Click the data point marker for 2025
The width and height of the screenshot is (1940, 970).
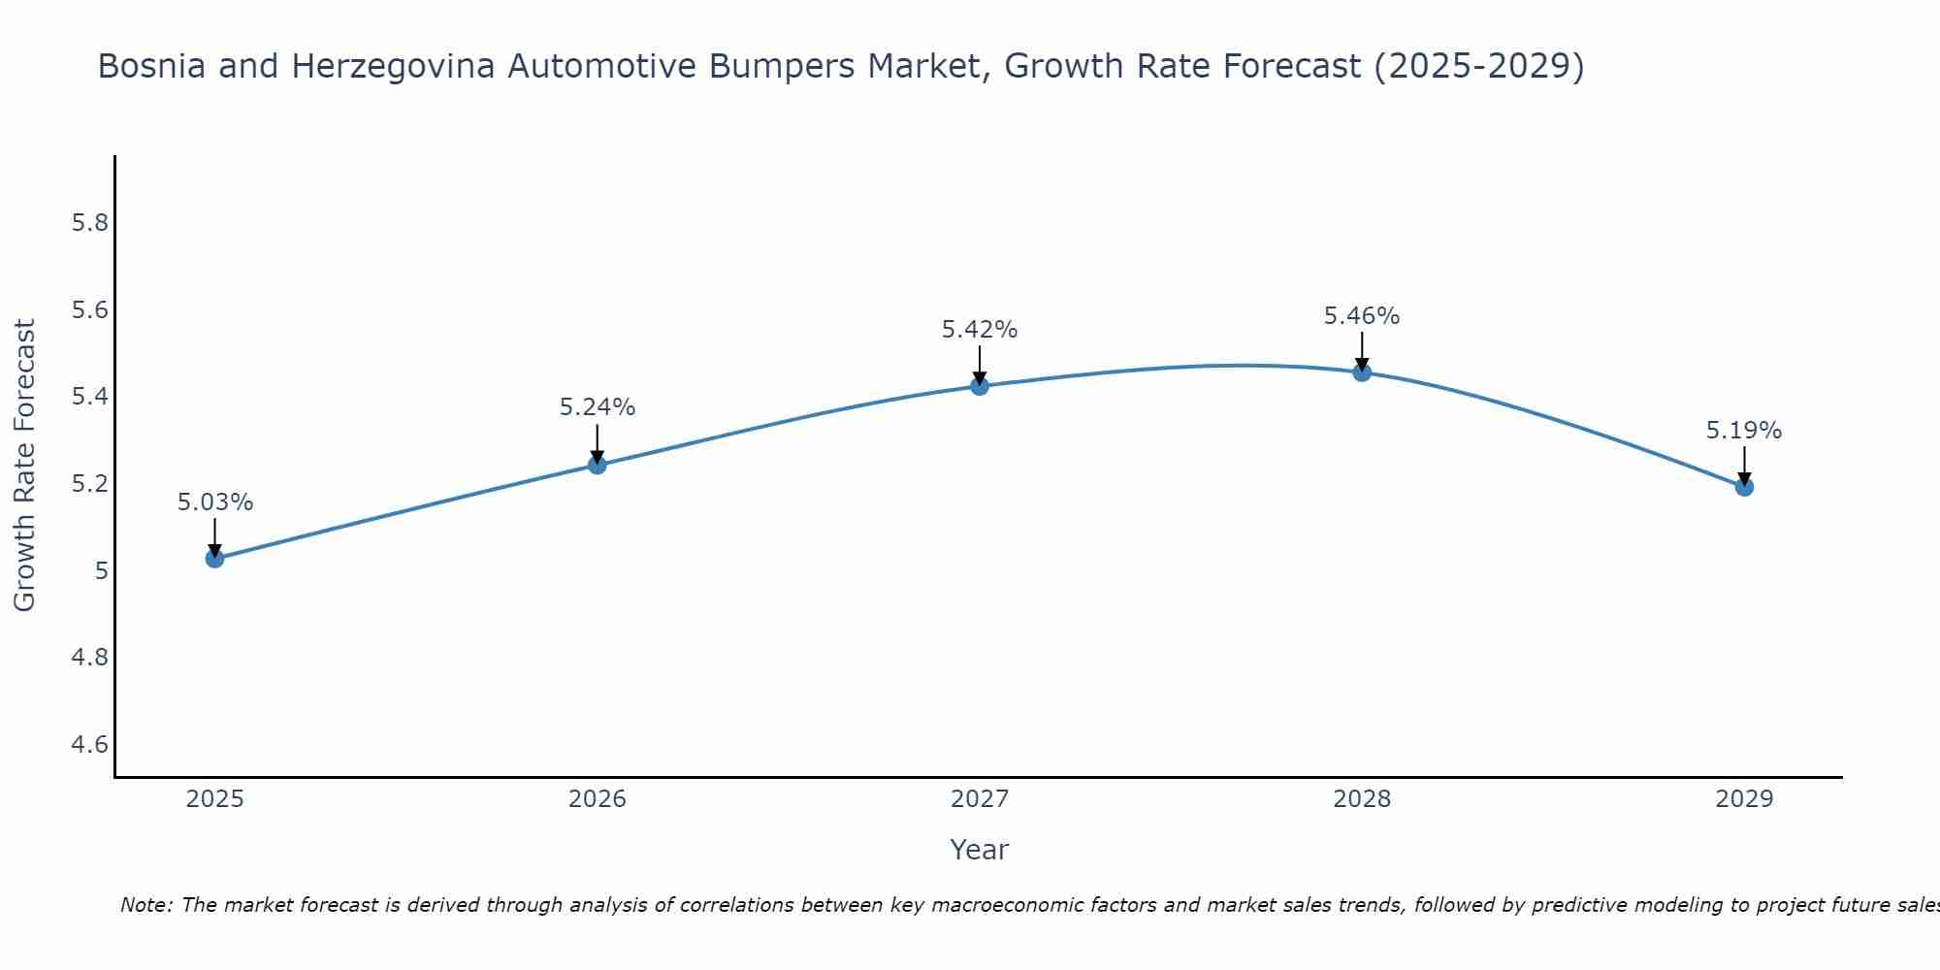215,558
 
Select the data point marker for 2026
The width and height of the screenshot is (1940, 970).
598,465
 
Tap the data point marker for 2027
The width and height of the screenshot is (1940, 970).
980,386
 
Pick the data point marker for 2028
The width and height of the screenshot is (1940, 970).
1362,372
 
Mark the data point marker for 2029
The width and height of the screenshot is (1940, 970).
1744,486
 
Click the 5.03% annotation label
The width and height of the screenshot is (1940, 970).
215,502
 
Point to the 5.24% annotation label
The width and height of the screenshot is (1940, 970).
598,407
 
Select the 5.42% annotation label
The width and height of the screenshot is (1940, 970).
980,330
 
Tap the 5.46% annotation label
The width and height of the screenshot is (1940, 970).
1362,316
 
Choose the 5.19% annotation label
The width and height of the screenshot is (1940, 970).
1744,431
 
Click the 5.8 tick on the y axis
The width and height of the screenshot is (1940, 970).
89,223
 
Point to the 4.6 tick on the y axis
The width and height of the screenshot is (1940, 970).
89,745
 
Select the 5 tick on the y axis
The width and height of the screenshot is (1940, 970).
101,571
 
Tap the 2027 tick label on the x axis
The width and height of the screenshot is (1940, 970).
980,799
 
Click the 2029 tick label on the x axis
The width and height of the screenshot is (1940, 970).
1744,799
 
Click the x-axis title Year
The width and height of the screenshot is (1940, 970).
980,850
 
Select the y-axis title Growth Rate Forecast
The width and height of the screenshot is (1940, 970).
25,466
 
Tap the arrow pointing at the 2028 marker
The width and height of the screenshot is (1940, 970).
1362,350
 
